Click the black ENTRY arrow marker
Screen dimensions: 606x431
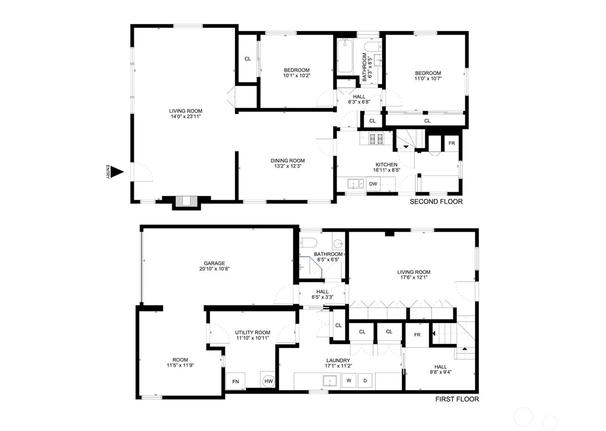tap(117, 172)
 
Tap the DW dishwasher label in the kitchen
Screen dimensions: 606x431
tap(373, 184)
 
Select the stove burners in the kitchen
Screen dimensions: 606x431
tap(376, 138)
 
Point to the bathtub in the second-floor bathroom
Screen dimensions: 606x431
tap(345, 56)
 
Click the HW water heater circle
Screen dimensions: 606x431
tap(269, 381)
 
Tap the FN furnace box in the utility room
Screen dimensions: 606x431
tap(235, 381)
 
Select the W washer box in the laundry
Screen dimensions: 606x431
tap(349, 381)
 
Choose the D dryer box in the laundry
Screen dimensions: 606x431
tap(365, 381)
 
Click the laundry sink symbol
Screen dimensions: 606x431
tap(330, 381)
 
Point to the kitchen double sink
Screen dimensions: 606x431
tap(356, 184)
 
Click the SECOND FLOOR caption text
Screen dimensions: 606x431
tap(436, 202)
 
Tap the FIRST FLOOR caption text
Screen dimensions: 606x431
tap(457, 399)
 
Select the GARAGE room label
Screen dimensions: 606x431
tap(214, 263)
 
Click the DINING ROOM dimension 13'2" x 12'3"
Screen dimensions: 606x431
tap(287, 166)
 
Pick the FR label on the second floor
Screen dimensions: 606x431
tap(451, 143)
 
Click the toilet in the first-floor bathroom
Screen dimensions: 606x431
tap(308, 242)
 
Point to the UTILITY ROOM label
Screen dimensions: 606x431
tap(252, 333)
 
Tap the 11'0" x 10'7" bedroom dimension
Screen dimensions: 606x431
tap(428, 79)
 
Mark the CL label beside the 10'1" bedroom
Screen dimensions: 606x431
tap(248, 59)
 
